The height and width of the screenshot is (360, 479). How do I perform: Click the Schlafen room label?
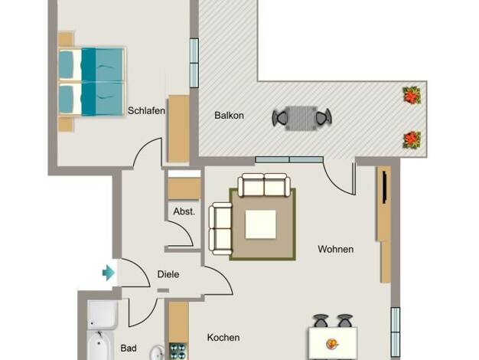click(146, 110)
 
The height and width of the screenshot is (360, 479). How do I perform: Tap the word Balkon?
click(229, 116)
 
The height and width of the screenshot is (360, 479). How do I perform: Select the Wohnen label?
click(336, 249)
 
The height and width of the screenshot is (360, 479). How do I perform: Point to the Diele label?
click(168, 274)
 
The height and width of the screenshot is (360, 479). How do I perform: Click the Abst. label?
click(184, 211)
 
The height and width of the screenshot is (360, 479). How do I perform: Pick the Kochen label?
click(223, 337)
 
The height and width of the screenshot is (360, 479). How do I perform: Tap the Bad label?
click(129, 348)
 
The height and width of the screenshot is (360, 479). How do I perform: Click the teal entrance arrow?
click(109, 273)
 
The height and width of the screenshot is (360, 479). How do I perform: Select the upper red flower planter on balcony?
click(412, 95)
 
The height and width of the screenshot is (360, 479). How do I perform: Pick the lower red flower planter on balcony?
click(412, 140)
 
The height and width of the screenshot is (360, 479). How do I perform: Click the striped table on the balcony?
click(301, 119)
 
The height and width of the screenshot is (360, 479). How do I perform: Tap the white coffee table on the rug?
click(261, 224)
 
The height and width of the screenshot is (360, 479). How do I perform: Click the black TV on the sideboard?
click(385, 188)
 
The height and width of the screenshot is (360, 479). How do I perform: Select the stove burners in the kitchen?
click(178, 351)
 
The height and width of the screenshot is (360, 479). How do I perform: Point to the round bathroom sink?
click(158, 352)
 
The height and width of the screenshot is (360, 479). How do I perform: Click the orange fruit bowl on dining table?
click(332, 344)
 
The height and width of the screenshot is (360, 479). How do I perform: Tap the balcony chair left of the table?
click(280, 118)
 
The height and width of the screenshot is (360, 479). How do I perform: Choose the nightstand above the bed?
click(66, 39)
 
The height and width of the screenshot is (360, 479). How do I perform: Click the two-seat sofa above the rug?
click(264, 185)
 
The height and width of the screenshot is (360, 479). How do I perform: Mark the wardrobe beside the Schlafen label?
click(179, 129)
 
